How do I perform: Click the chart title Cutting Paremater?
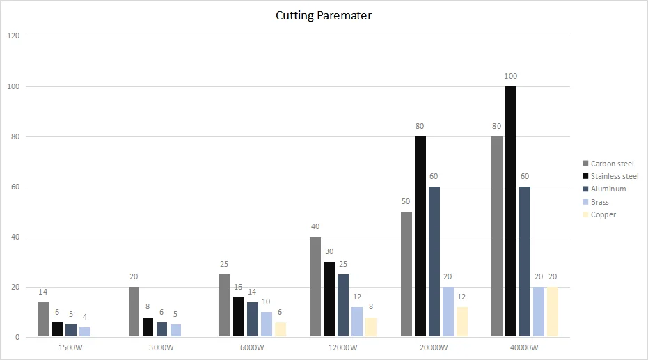(x=324, y=15)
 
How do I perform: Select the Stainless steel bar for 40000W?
(x=511, y=212)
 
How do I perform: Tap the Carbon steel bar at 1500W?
(x=43, y=320)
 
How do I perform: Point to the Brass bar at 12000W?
(x=357, y=322)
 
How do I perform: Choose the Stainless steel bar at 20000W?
(x=420, y=237)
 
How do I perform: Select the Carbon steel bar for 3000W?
(x=134, y=312)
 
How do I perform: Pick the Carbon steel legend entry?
(x=610, y=164)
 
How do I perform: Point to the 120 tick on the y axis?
(x=13, y=36)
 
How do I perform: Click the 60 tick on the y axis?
(x=15, y=187)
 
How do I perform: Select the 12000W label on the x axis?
(x=342, y=347)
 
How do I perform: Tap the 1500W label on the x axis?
(x=71, y=347)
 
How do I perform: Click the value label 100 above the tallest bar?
(x=511, y=76)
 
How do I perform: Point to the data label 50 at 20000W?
(x=406, y=201)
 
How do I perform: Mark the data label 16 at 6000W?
(x=239, y=287)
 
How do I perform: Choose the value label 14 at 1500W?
(x=43, y=292)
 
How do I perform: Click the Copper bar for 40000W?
(x=552, y=312)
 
